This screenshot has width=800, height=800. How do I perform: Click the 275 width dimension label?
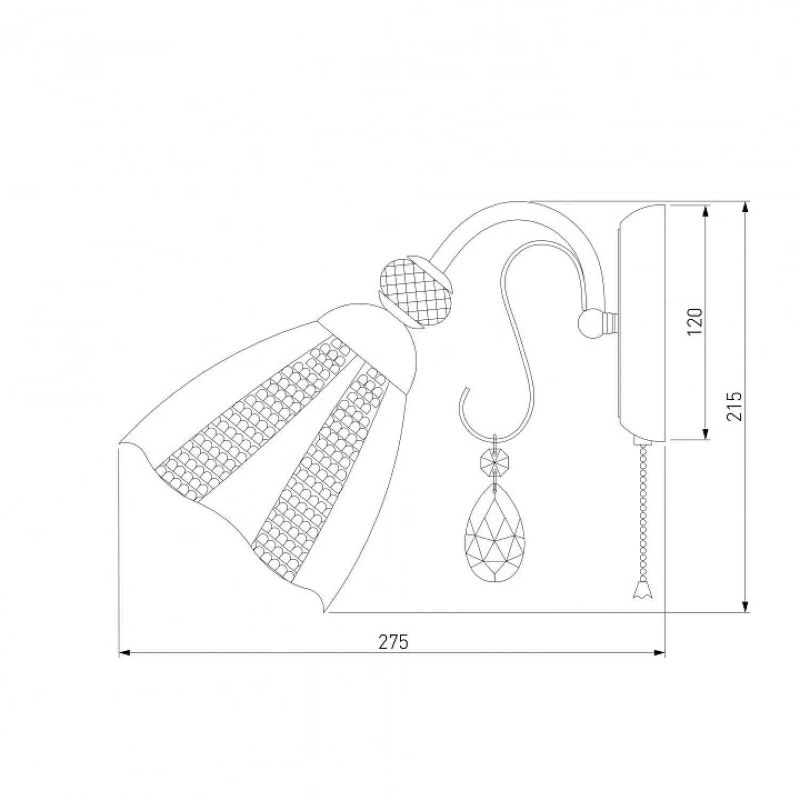pyautogui.click(x=393, y=642)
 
